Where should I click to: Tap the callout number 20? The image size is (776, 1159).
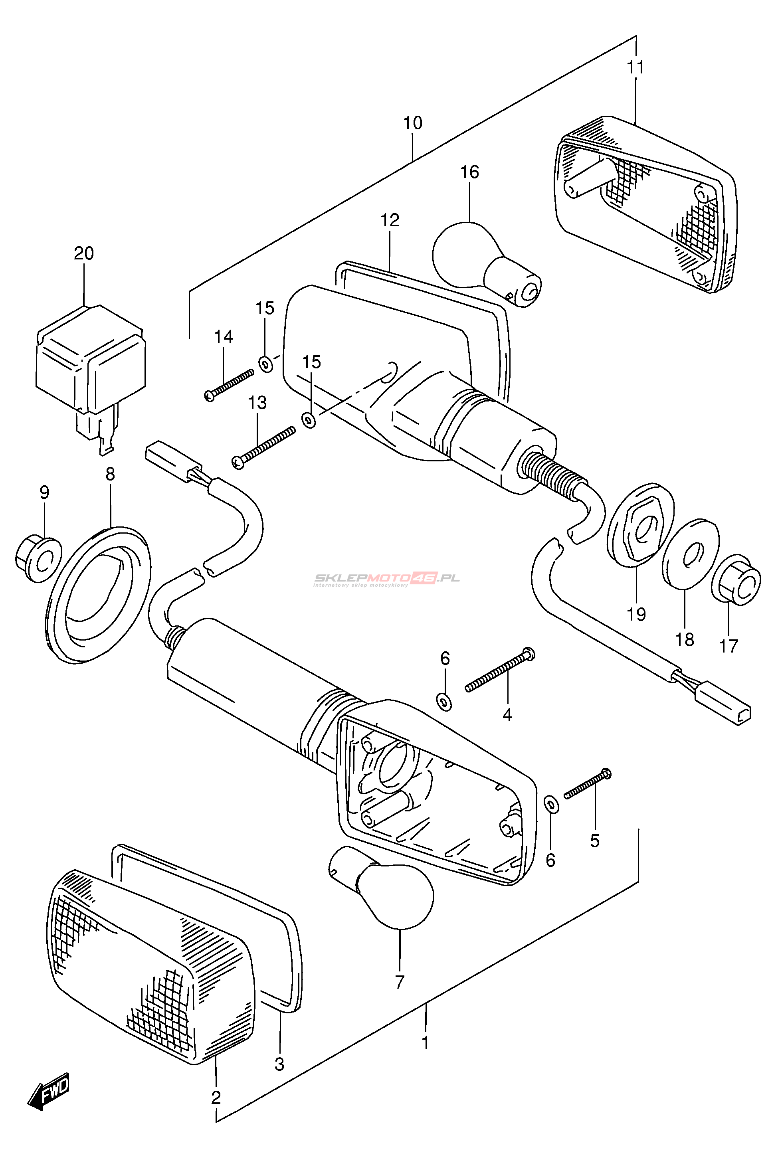tap(84, 253)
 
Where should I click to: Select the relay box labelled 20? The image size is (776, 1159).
tap(91, 364)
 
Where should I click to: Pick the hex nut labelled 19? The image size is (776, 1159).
tap(641, 529)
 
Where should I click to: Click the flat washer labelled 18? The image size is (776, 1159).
tap(691, 554)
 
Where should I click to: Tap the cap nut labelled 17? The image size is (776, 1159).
tap(736, 580)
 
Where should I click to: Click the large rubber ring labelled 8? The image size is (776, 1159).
tap(99, 593)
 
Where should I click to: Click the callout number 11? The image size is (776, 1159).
tap(636, 67)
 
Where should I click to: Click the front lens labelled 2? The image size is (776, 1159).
tap(148, 969)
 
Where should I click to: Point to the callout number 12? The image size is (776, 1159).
tap(390, 220)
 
